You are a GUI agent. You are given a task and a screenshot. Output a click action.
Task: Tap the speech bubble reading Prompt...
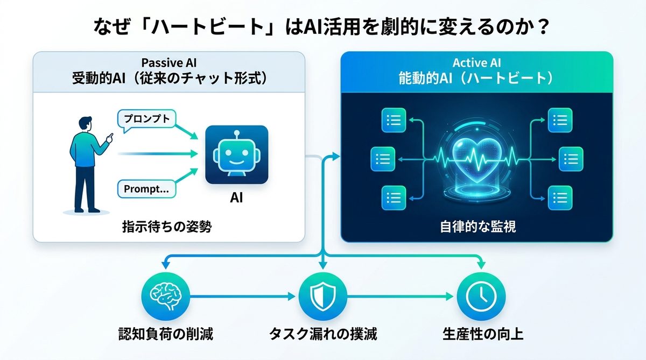coord(146,189)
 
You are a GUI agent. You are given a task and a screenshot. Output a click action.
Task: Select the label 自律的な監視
coord(477,227)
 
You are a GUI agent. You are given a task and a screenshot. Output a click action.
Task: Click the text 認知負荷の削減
coord(166,334)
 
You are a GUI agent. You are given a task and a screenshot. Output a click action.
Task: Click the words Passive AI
coord(170,62)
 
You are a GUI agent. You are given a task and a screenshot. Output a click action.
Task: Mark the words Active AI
coord(477,63)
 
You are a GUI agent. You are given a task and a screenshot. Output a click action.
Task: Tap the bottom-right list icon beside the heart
coord(560,197)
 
